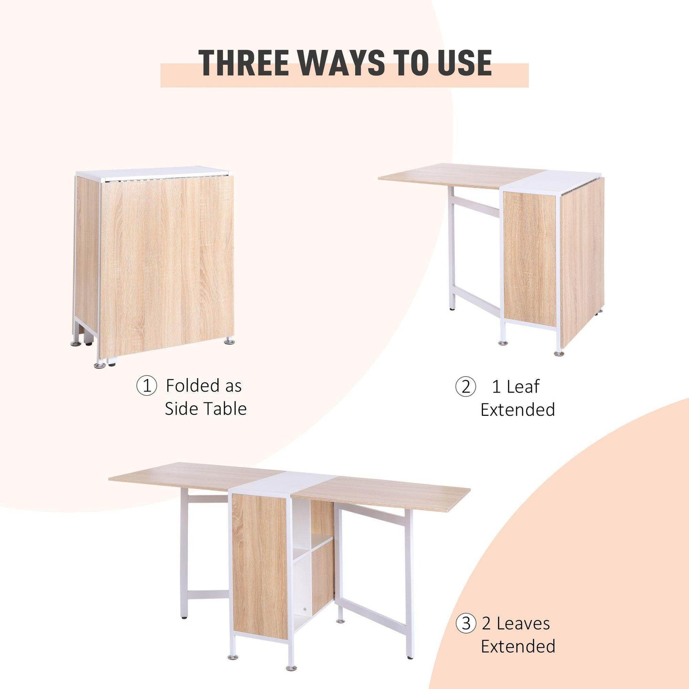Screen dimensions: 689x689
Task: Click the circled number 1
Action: (146, 386)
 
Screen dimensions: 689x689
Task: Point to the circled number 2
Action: (465, 387)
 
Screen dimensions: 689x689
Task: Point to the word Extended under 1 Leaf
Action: (518, 410)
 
